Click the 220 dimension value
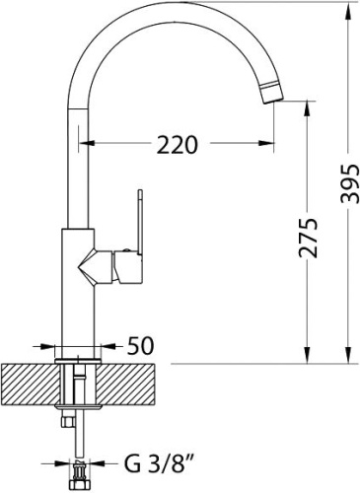click(178, 145)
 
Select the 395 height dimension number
click(349, 183)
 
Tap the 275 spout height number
click(309, 237)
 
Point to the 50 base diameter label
click(140, 346)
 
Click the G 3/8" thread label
click(158, 463)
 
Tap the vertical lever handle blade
click(140, 223)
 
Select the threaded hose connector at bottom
click(78, 476)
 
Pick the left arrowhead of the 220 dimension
click(87, 143)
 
